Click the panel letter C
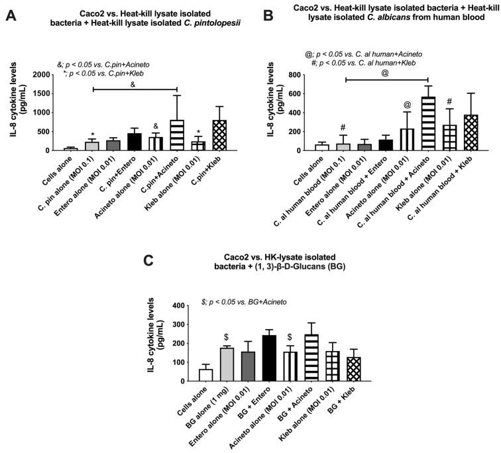pos(149,258)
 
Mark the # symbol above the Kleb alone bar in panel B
pos(449,101)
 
